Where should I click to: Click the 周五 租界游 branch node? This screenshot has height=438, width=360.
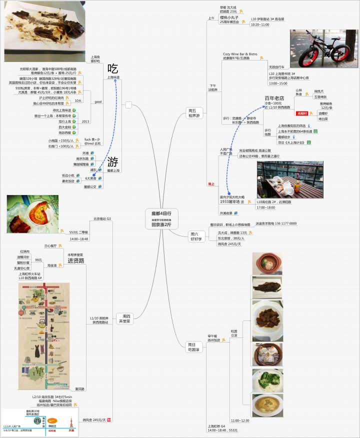(x=193, y=112)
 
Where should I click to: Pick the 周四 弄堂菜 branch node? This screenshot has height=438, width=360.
(x=124, y=318)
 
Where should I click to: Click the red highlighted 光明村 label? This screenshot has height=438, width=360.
(x=302, y=113)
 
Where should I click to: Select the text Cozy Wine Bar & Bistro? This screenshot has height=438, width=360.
(x=240, y=54)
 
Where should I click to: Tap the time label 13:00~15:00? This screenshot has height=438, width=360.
(x=278, y=83)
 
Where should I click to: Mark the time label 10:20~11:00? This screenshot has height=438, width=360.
(x=260, y=24)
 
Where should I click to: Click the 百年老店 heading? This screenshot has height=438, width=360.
(x=274, y=98)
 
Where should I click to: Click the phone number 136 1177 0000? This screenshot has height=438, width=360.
(x=282, y=223)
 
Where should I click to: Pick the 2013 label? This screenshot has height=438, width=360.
(x=85, y=121)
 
